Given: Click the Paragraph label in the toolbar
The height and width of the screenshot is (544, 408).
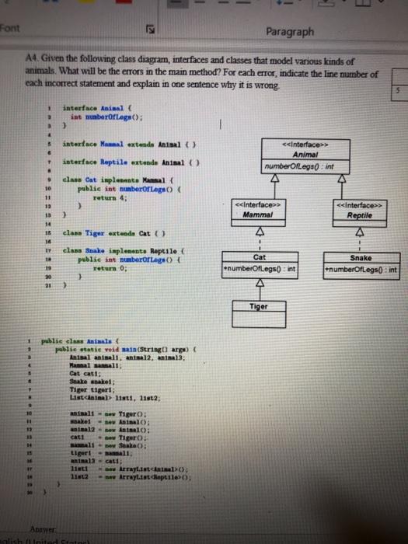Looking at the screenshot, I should [x=289, y=33].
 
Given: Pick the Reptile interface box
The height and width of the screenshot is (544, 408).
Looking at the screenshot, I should [x=364, y=211].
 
